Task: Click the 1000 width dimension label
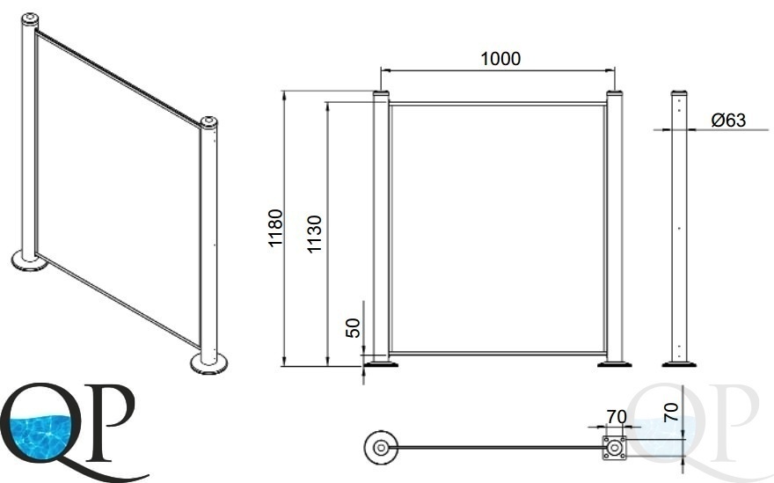(x=500, y=59)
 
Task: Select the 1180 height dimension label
(x=275, y=228)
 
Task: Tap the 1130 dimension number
(x=314, y=234)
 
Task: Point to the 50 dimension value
(x=353, y=328)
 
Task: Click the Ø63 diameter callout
(x=728, y=120)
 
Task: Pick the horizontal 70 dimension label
(x=616, y=417)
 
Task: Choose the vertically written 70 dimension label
(x=671, y=412)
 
